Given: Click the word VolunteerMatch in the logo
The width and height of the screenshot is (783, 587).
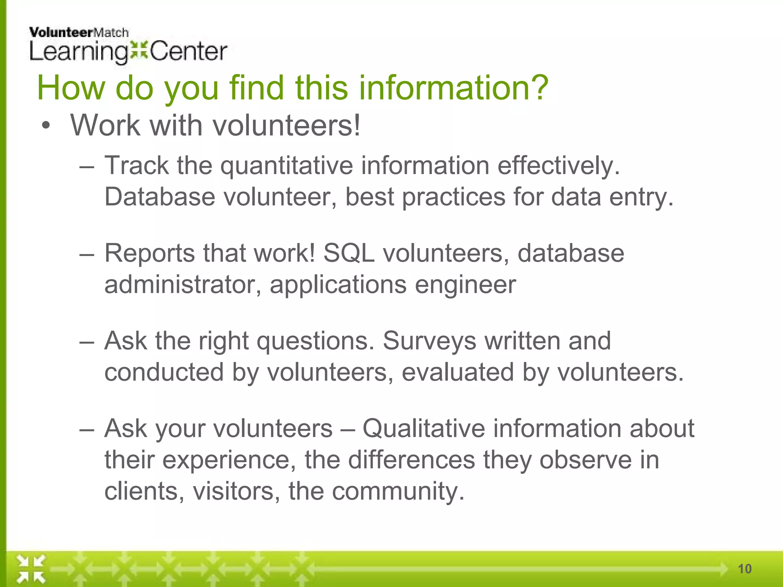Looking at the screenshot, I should [79, 33].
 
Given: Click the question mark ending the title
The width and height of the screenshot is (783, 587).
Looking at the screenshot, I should [537, 88].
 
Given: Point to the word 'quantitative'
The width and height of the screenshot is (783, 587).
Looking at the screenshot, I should [286, 166].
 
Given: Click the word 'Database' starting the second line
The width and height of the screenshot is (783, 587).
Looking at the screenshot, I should [160, 197].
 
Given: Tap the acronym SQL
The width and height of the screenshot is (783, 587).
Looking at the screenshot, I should [349, 253].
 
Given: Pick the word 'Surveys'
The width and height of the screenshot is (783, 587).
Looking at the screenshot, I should [429, 341].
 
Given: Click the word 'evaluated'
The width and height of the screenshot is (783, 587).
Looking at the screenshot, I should [458, 373].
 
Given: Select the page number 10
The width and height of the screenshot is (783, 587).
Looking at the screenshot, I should [744, 569].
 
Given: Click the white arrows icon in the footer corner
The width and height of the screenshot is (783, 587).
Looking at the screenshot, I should [31, 569].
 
